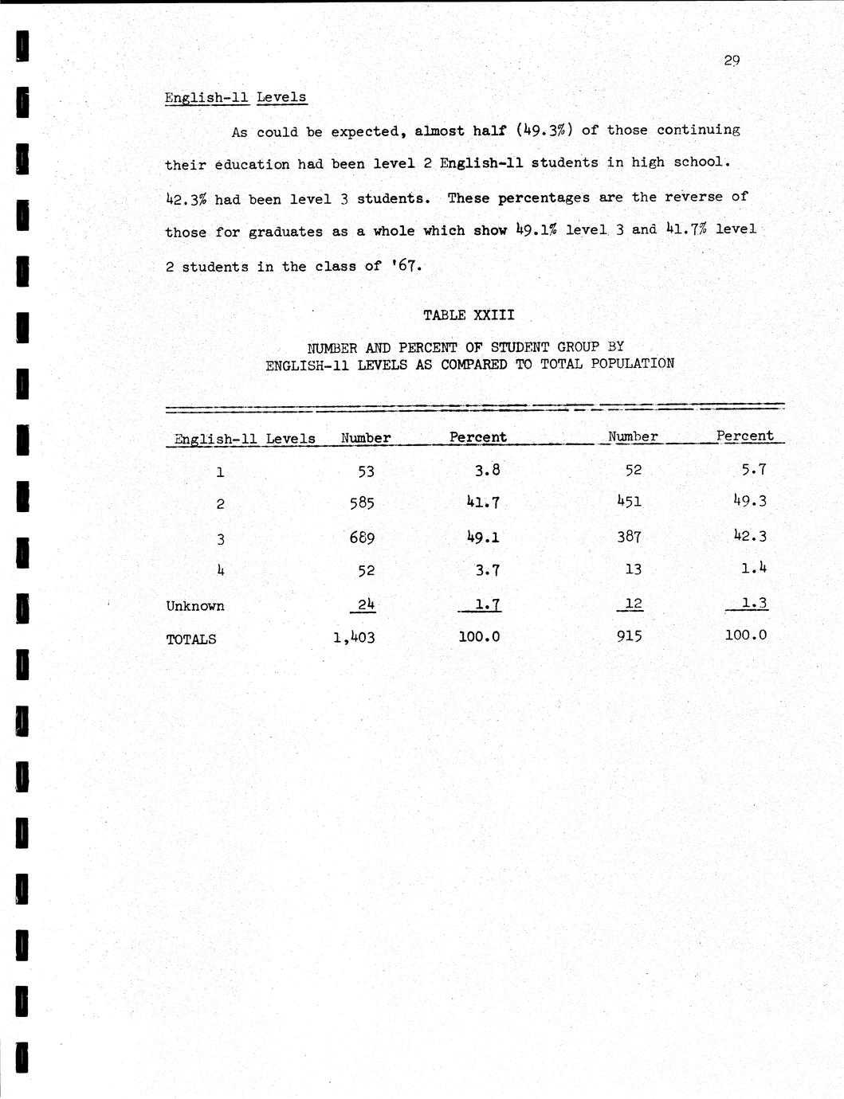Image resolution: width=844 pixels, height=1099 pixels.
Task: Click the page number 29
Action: coord(732,61)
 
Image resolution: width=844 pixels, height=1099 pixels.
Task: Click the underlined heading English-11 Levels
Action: coord(235,98)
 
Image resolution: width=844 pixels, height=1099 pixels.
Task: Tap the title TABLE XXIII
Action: coord(469,315)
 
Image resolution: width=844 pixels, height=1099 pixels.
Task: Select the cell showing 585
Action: coord(361,503)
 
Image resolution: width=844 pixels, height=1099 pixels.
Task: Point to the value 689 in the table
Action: coord(361,538)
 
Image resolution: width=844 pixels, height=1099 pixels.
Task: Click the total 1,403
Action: coord(354,637)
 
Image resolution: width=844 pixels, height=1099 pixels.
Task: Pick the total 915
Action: coord(629,636)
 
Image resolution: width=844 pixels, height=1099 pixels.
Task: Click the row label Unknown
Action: coord(195,606)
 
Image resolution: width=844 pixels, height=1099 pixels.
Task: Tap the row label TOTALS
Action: coord(190,639)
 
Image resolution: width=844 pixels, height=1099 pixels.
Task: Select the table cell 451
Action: coord(628,502)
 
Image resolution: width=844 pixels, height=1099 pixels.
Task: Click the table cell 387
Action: coord(629,537)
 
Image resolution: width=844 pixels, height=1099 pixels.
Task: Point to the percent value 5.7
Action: coord(753,470)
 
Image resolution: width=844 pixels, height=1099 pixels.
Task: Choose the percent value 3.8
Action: coord(487,470)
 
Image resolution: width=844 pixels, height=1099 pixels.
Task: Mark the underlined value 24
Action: coord(366,604)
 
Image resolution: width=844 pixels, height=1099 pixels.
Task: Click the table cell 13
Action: coord(633,569)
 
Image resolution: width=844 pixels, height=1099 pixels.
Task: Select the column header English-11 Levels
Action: coord(245,439)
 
